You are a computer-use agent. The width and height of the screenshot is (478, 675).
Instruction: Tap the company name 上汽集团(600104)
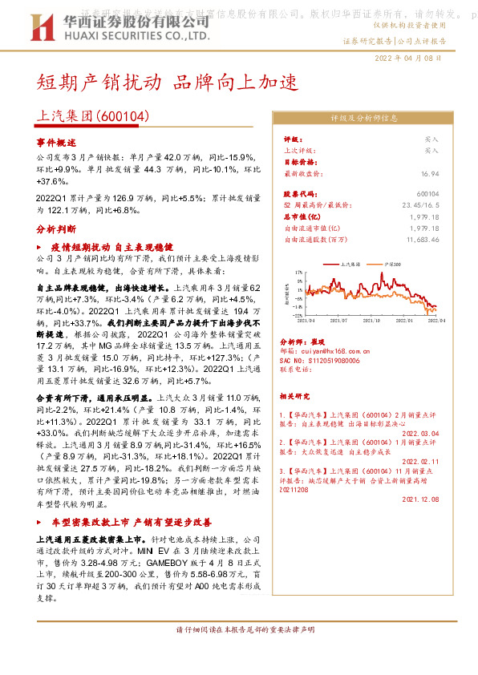click(94, 116)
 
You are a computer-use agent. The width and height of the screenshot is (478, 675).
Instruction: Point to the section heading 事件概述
click(55, 141)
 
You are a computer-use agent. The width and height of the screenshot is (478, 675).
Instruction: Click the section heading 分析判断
click(55, 228)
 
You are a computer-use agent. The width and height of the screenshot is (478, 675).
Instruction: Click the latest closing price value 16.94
click(430, 172)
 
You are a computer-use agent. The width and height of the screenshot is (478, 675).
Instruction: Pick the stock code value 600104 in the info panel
click(428, 194)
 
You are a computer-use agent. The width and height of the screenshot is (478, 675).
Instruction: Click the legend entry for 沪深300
click(392, 262)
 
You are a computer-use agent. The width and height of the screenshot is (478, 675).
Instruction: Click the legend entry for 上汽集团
click(349, 262)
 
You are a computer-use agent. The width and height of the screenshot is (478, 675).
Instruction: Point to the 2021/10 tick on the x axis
click(371, 320)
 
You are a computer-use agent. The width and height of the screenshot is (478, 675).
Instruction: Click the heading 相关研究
click(298, 396)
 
